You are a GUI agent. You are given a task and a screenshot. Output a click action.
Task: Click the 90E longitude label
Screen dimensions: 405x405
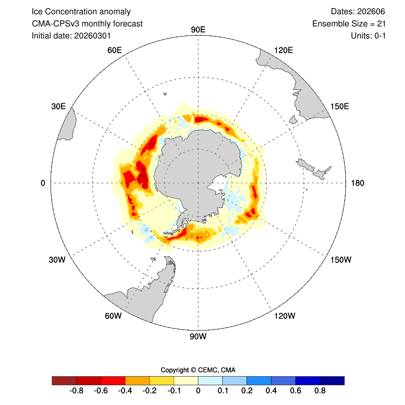198,29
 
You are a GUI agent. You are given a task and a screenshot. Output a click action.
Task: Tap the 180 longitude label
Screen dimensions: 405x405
358,183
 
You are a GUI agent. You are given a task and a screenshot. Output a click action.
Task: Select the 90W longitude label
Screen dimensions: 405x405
198,336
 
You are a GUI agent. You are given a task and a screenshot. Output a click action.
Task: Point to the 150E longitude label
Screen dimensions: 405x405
339,106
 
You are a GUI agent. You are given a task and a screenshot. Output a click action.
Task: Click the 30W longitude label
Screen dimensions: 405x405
57,260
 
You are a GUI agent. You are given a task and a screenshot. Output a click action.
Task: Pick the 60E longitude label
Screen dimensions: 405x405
114,50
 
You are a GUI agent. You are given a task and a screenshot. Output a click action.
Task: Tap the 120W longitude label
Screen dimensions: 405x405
284,316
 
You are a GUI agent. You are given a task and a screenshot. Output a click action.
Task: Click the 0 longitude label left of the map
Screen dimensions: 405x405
43,183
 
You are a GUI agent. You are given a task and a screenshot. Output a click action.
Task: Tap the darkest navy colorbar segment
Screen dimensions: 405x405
332,381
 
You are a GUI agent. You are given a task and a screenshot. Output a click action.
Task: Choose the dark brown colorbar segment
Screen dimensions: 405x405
64,381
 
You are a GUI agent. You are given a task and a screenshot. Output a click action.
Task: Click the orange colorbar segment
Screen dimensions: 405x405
137,381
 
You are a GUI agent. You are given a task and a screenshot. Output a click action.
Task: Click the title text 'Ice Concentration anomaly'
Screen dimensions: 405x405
81,12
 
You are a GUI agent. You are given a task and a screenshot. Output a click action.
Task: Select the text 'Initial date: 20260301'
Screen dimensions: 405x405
71,36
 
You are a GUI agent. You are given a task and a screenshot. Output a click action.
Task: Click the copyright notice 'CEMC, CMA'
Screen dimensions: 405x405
198,370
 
